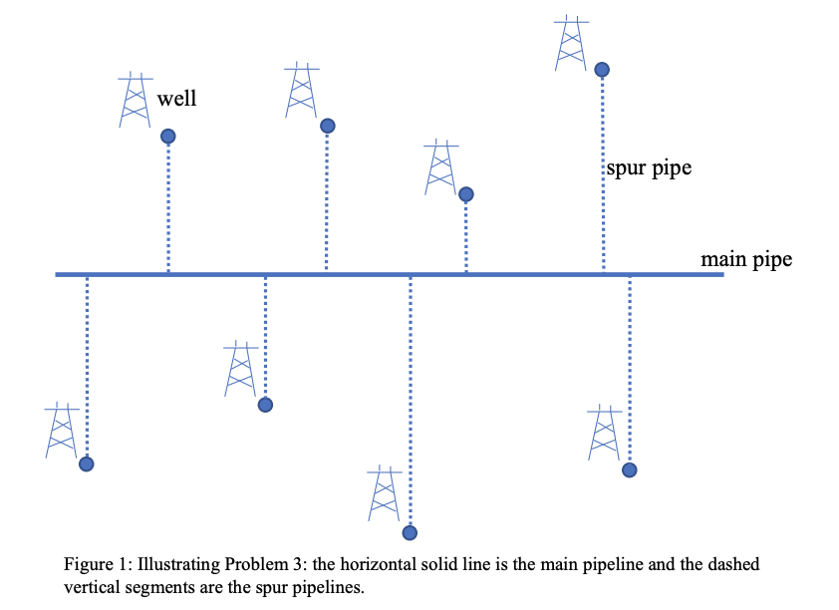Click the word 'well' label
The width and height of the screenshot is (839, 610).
(x=177, y=99)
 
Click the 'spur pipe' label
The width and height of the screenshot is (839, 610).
(x=649, y=168)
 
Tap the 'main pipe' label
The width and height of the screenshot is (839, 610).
(x=746, y=260)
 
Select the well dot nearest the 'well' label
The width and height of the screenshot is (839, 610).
(x=168, y=136)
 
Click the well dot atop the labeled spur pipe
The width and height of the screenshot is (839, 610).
(x=602, y=69)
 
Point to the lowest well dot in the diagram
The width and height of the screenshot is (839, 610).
(x=409, y=532)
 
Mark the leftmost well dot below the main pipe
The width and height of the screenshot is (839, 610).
(x=87, y=463)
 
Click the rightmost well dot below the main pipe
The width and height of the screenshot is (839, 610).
(x=629, y=469)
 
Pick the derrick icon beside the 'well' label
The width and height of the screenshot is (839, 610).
(x=136, y=100)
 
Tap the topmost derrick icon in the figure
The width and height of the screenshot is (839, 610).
(x=571, y=43)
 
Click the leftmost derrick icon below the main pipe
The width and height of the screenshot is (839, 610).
(x=62, y=431)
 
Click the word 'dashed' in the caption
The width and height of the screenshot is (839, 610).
(x=732, y=565)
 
